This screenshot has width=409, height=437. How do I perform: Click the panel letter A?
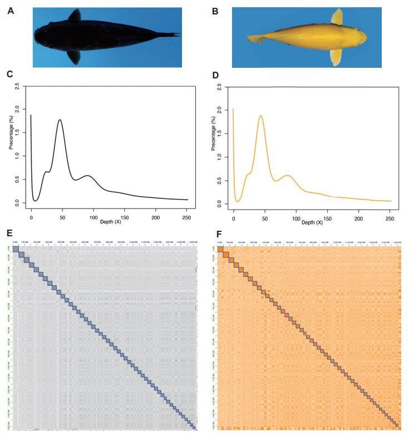point(11,9)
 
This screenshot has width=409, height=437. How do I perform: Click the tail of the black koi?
point(170,35)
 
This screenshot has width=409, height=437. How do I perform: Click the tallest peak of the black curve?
point(59,120)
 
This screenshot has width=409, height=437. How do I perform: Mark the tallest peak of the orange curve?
point(260,116)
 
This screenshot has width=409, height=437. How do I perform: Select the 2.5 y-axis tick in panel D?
point(218,87)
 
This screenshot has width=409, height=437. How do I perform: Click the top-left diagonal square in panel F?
point(221,250)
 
